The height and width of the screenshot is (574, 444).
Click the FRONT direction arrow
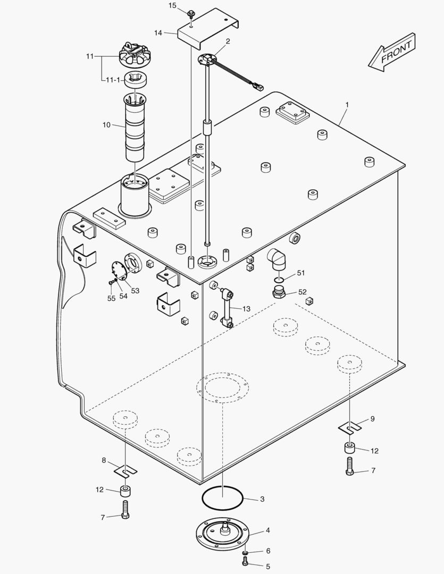(392, 51)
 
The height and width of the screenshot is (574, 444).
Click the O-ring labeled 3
(222, 498)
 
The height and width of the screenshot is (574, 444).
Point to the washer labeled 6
(245, 553)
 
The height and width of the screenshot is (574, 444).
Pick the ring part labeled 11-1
(136, 81)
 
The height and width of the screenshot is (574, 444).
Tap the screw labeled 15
(191, 13)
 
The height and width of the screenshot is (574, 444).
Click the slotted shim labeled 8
(125, 470)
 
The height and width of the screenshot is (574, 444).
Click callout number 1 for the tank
(347, 105)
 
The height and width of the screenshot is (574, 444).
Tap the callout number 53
(135, 290)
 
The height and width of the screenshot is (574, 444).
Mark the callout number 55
(111, 298)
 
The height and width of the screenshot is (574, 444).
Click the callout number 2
(228, 41)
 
